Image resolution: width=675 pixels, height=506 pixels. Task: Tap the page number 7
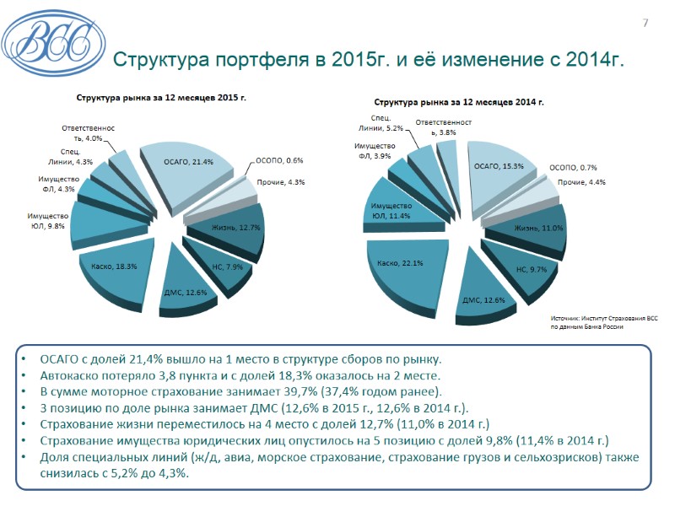645,23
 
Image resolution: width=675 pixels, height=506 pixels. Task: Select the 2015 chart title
162,98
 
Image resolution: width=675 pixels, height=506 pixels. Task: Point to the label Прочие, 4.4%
581,182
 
